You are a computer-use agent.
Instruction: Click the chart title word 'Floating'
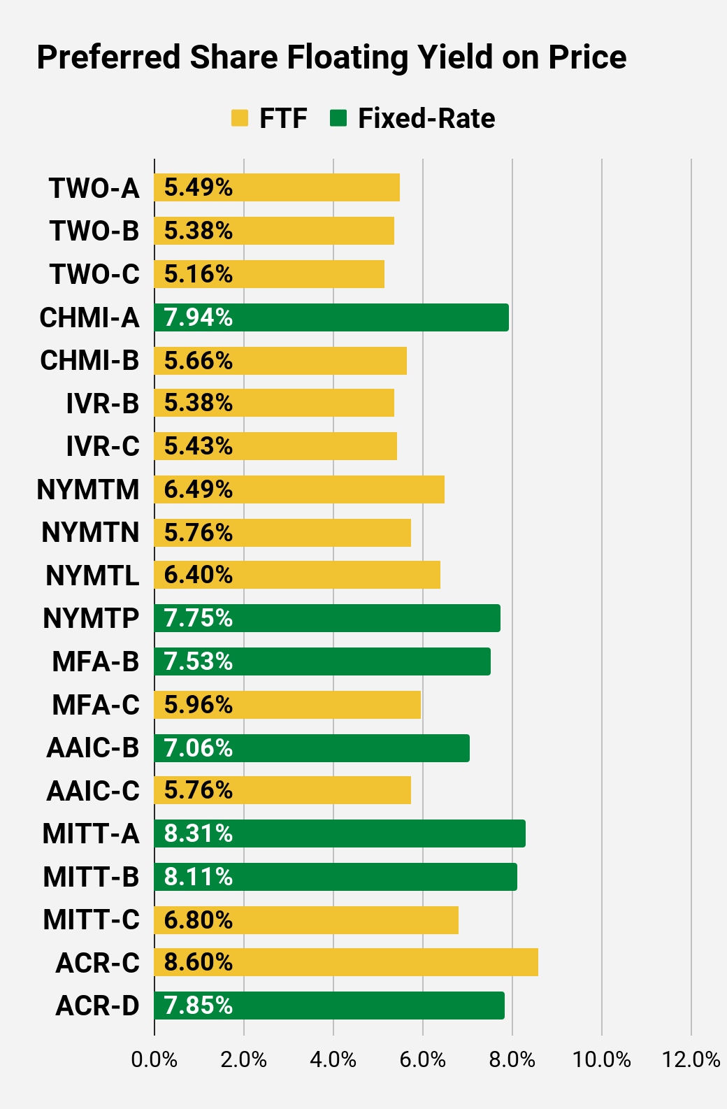point(348,58)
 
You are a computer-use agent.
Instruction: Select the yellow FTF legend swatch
point(240,118)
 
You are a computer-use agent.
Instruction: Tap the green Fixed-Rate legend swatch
point(338,118)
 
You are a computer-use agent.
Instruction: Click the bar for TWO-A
point(277,187)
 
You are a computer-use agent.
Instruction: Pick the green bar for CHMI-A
point(331,317)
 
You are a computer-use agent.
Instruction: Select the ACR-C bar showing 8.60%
point(346,962)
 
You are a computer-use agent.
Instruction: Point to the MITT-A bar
point(340,833)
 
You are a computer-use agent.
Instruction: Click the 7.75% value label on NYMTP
point(198,618)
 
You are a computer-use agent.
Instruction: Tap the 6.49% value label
point(198,489)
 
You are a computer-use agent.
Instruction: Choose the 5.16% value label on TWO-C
point(198,274)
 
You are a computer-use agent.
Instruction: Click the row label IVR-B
point(103,403)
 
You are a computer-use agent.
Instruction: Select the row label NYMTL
point(92,575)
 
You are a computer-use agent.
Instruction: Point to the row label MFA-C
point(96,705)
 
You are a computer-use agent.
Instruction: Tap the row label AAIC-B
point(92,747)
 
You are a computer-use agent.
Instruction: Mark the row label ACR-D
point(97,1006)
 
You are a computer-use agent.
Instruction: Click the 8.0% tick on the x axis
point(512,1059)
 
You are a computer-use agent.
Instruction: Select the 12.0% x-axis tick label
point(691,1059)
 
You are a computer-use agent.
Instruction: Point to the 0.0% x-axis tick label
point(154,1059)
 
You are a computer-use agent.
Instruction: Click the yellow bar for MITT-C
point(306,920)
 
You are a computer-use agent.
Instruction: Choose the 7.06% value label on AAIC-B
point(198,748)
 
